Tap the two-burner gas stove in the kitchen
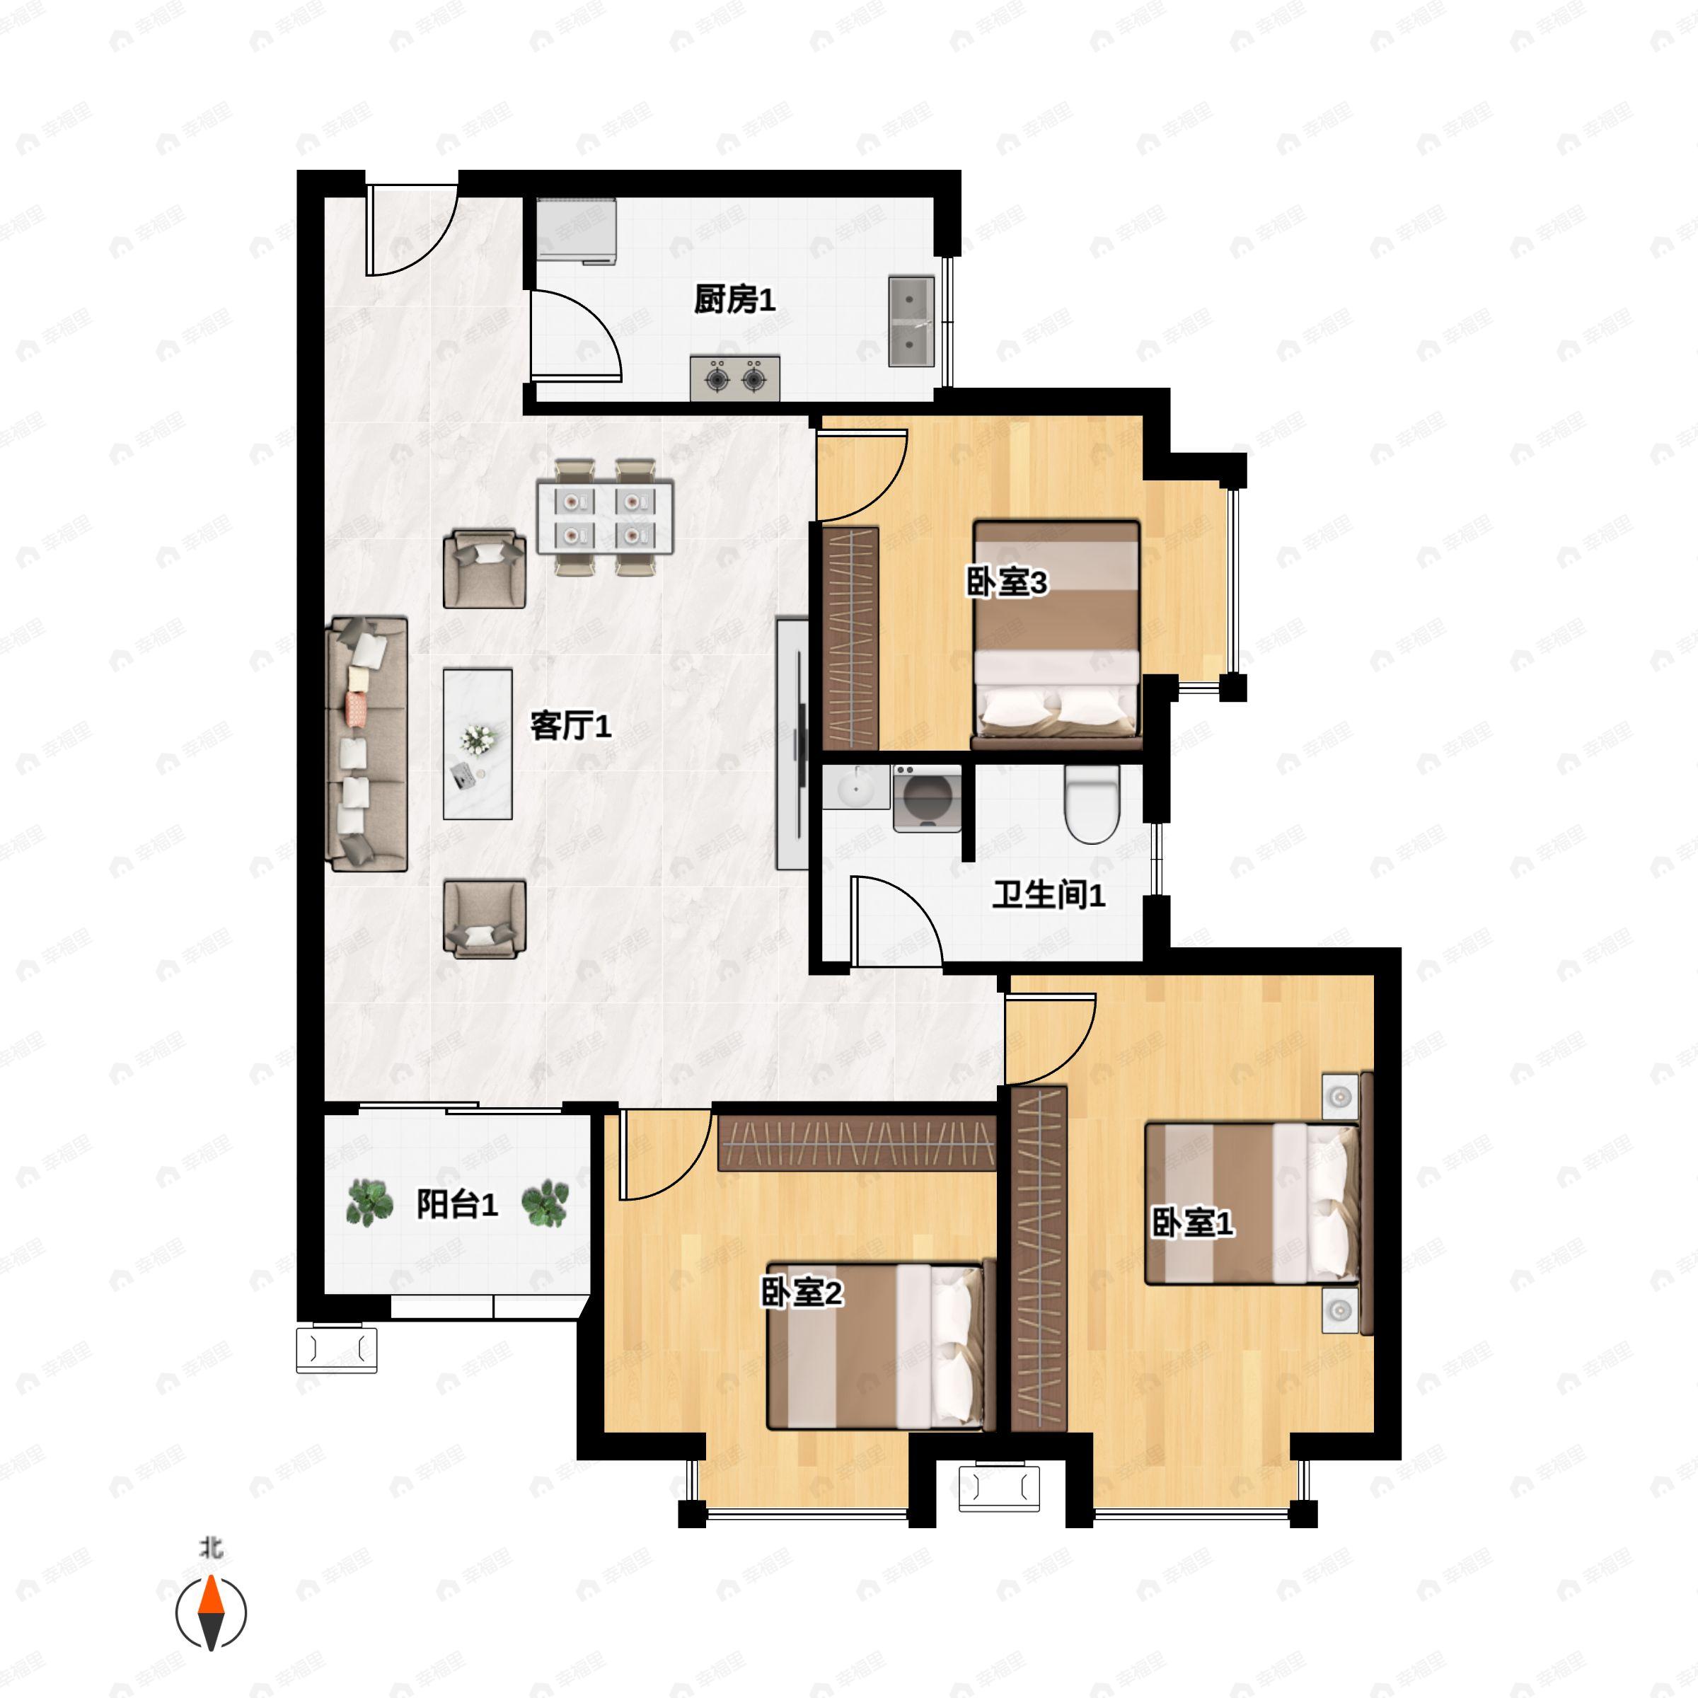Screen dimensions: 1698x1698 coord(735,379)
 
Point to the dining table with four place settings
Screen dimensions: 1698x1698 coord(605,516)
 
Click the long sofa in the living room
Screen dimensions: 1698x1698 coord(366,744)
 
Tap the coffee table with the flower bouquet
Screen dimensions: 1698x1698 coord(478,744)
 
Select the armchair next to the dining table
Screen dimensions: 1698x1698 coord(484,569)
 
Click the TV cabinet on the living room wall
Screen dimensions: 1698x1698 coord(792,744)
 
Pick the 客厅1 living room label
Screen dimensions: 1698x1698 coord(570,726)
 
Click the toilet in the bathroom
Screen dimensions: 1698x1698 coord(1091,802)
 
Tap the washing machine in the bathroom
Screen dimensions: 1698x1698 coord(926,798)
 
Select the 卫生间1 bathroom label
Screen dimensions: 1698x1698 coord(1048,895)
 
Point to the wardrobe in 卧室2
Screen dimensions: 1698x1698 coord(856,1143)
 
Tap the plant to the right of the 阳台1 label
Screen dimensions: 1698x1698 coord(545,1203)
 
